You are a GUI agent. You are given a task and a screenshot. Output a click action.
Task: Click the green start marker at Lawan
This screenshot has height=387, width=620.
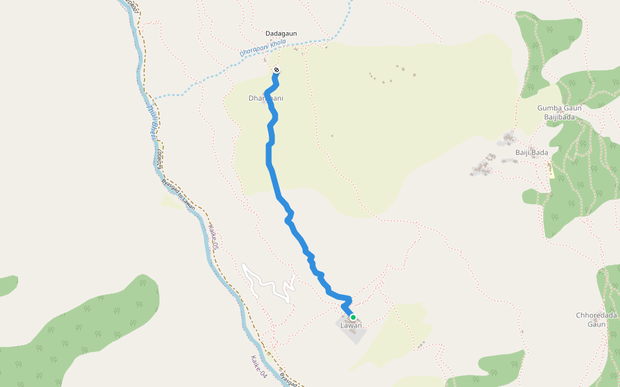click(x=353, y=317)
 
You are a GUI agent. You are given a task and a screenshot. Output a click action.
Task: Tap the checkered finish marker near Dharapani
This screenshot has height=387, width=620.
click(x=276, y=70)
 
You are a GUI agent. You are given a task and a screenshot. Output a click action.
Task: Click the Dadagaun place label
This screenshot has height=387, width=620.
click(x=280, y=33)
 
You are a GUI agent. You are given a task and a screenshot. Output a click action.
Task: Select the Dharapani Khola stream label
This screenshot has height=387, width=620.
click(x=263, y=49)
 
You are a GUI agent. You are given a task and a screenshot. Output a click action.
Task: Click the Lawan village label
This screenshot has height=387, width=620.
click(x=351, y=325)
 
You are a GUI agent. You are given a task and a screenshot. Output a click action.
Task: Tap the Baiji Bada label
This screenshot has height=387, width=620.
click(x=532, y=152)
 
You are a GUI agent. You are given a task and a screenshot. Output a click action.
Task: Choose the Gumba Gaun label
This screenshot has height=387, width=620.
click(x=559, y=108)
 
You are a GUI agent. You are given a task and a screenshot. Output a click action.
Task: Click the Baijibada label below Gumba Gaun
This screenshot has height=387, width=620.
click(x=559, y=117)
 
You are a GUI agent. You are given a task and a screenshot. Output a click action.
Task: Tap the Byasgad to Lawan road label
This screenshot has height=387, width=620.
click(x=178, y=193)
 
